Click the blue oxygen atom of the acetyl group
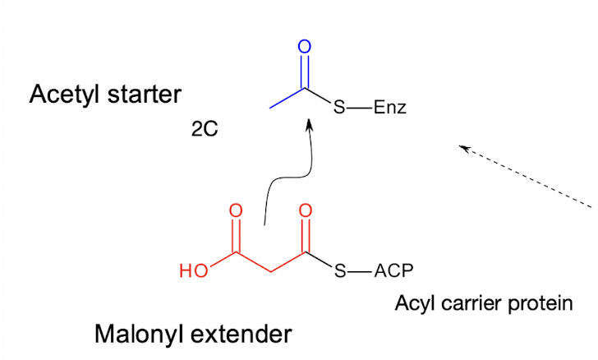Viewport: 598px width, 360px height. (305, 47)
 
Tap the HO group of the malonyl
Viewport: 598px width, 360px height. (194, 271)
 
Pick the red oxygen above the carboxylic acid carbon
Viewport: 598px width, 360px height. (236, 211)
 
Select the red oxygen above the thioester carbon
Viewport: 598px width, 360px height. (306, 211)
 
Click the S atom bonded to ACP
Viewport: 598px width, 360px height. (339, 271)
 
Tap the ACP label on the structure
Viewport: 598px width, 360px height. (393, 271)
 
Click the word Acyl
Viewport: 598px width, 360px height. (414, 305)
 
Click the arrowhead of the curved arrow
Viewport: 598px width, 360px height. (310, 126)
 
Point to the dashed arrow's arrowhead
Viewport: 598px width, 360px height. (464, 148)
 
